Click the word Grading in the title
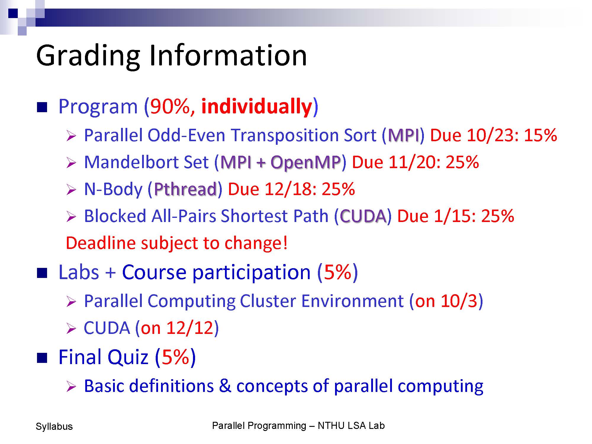tap(88, 57)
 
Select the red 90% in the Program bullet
tap(170, 106)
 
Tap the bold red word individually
tap(257, 107)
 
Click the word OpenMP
tap(305, 163)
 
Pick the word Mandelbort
tap(146, 162)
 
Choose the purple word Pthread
tap(185, 189)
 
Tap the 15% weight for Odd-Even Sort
tap(540, 135)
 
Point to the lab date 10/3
tap(459, 301)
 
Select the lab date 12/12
tap(190, 328)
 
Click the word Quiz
tap(128, 357)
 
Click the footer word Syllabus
tap(54, 427)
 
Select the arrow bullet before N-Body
tap(71, 190)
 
